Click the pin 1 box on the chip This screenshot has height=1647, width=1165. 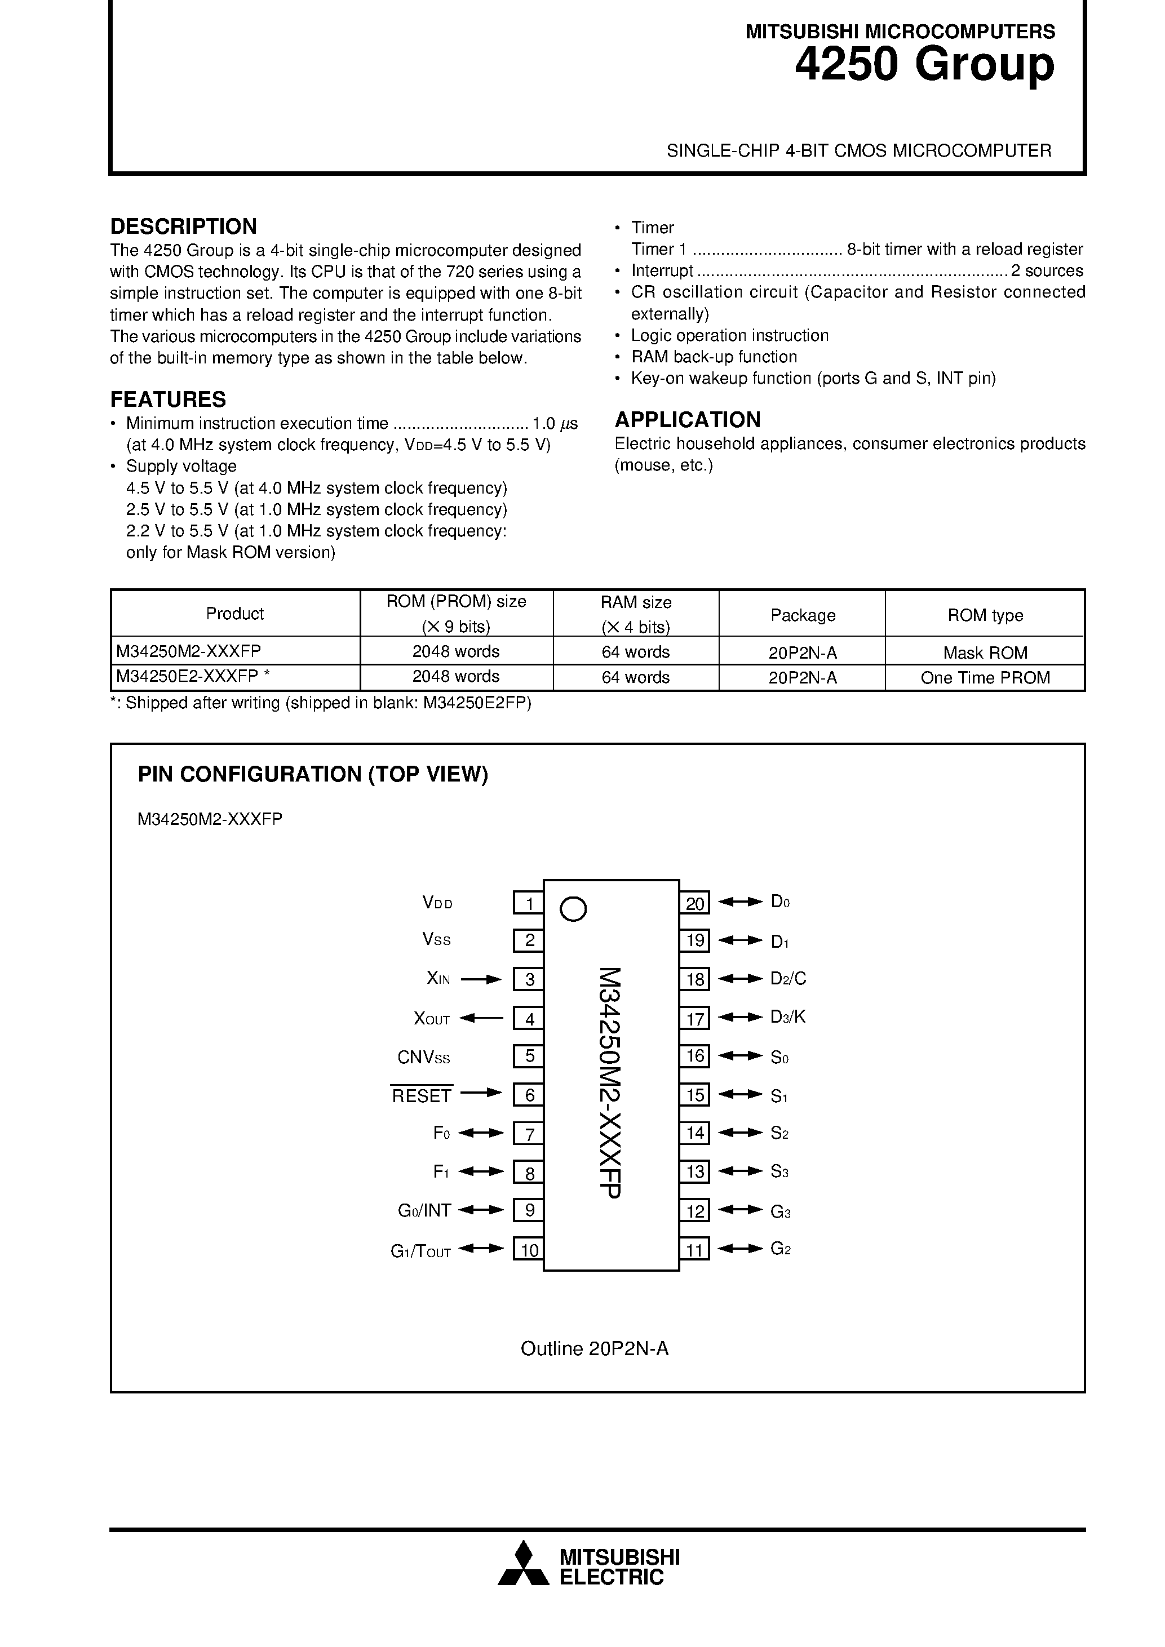tap(528, 903)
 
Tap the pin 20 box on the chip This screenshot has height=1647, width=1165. tap(694, 903)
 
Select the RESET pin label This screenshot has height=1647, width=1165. tap(422, 1095)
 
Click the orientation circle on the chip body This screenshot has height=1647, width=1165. tap(573, 909)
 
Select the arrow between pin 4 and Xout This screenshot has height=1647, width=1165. tap(481, 1017)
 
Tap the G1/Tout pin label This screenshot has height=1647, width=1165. tap(420, 1251)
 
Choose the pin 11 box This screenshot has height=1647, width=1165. tap(694, 1250)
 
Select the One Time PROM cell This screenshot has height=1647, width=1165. tap(985, 678)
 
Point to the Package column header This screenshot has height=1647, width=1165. tap(803, 615)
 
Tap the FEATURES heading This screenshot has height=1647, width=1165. tap(168, 399)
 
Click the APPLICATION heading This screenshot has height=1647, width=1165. tap(687, 420)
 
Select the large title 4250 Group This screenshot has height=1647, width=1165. tap(924, 65)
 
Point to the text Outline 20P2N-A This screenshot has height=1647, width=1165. tap(594, 1348)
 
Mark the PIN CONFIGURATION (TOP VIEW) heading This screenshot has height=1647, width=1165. tap(313, 775)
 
